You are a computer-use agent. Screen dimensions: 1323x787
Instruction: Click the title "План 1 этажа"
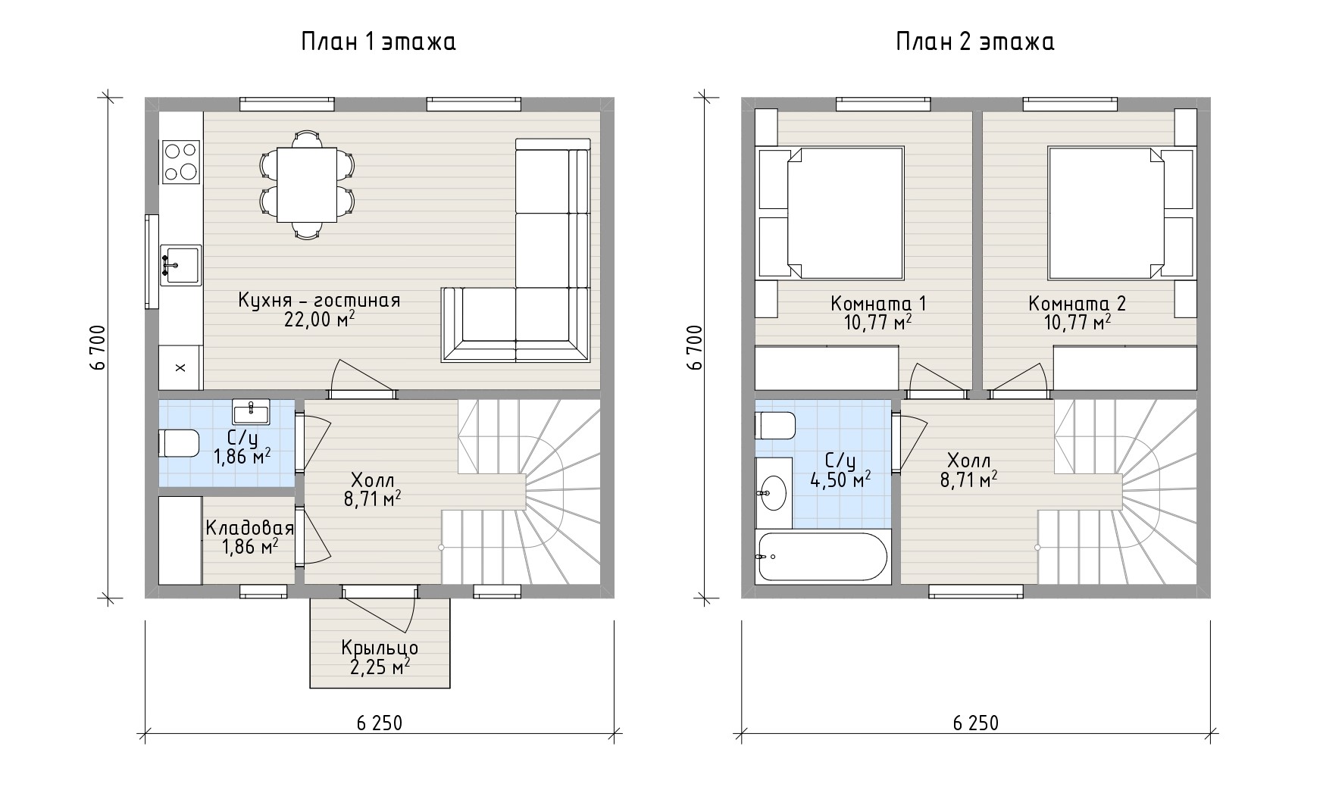[x=378, y=42]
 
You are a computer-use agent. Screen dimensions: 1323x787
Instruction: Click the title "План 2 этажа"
[x=974, y=42]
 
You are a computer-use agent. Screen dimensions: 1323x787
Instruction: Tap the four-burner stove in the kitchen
[x=181, y=162]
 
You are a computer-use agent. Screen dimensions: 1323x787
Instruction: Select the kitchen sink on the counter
[x=180, y=265]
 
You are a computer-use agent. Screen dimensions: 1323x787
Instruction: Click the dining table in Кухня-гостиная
[x=307, y=185]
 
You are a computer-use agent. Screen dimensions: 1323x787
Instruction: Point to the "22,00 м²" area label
[x=319, y=320]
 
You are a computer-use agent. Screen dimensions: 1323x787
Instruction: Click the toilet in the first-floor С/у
[x=178, y=443]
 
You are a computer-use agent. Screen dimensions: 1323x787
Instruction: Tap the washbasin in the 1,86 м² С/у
[x=251, y=412]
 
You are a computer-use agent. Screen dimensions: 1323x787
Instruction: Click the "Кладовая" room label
[x=249, y=528]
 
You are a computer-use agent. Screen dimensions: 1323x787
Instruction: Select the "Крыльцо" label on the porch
[x=380, y=648]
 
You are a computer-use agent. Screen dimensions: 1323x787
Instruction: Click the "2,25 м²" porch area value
[x=380, y=667]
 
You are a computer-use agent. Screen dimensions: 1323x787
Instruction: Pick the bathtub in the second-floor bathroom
[x=823, y=557]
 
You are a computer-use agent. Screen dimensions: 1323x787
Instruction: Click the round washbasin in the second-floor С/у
[x=774, y=493]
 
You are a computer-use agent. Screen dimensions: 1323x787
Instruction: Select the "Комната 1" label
[x=878, y=304]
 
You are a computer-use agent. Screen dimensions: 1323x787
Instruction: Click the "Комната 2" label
[x=1077, y=304]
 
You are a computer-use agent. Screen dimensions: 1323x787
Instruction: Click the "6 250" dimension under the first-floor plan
[x=379, y=723]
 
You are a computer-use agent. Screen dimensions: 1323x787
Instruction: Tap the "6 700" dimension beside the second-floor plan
[x=695, y=348]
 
